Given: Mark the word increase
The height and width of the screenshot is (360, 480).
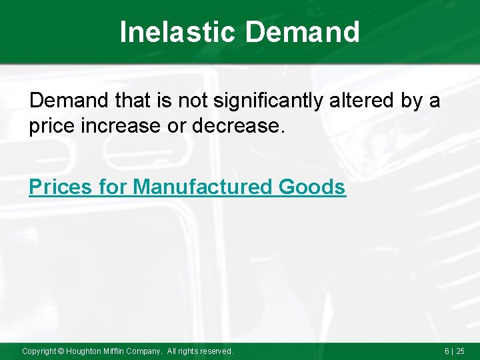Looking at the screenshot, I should [124, 126].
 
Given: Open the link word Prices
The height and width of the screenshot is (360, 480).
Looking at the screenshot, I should [60, 187].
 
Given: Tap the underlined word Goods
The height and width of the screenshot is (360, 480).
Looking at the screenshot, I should [312, 187].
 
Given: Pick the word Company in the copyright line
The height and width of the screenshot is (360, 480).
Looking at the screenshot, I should [147, 351].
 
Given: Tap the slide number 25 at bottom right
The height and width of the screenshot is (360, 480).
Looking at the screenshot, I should [459, 351].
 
